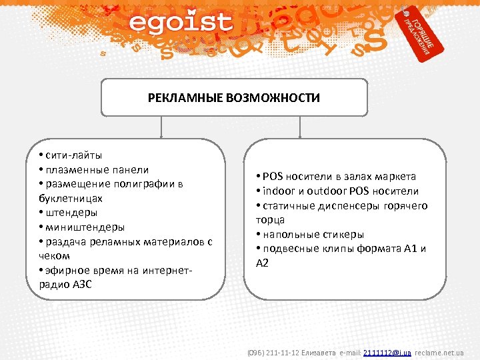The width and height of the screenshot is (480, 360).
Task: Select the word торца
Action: point(270,219)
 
